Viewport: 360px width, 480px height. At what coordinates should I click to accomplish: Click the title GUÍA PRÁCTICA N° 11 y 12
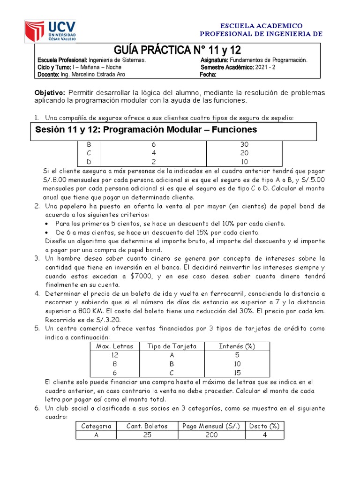click(178, 50)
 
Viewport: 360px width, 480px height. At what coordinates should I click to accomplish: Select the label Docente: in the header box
click(48, 74)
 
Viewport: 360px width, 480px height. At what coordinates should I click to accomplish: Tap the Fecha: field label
click(208, 74)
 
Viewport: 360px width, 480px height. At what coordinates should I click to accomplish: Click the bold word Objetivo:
click(51, 93)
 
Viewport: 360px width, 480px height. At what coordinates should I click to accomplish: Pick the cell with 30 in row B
click(244, 145)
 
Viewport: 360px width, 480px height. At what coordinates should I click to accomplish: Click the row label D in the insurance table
click(90, 162)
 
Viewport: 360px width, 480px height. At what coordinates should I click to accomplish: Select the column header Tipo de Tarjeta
click(172, 346)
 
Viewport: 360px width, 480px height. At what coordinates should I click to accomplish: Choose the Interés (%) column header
click(237, 346)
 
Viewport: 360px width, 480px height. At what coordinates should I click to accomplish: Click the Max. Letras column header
click(114, 346)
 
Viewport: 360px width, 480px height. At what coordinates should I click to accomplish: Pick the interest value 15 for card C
click(237, 373)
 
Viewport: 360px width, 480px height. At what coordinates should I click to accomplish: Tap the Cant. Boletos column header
click(148, 426)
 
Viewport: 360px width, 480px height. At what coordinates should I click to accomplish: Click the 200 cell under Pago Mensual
click(212, 435)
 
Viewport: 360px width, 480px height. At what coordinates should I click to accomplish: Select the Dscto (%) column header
click(264, 426)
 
